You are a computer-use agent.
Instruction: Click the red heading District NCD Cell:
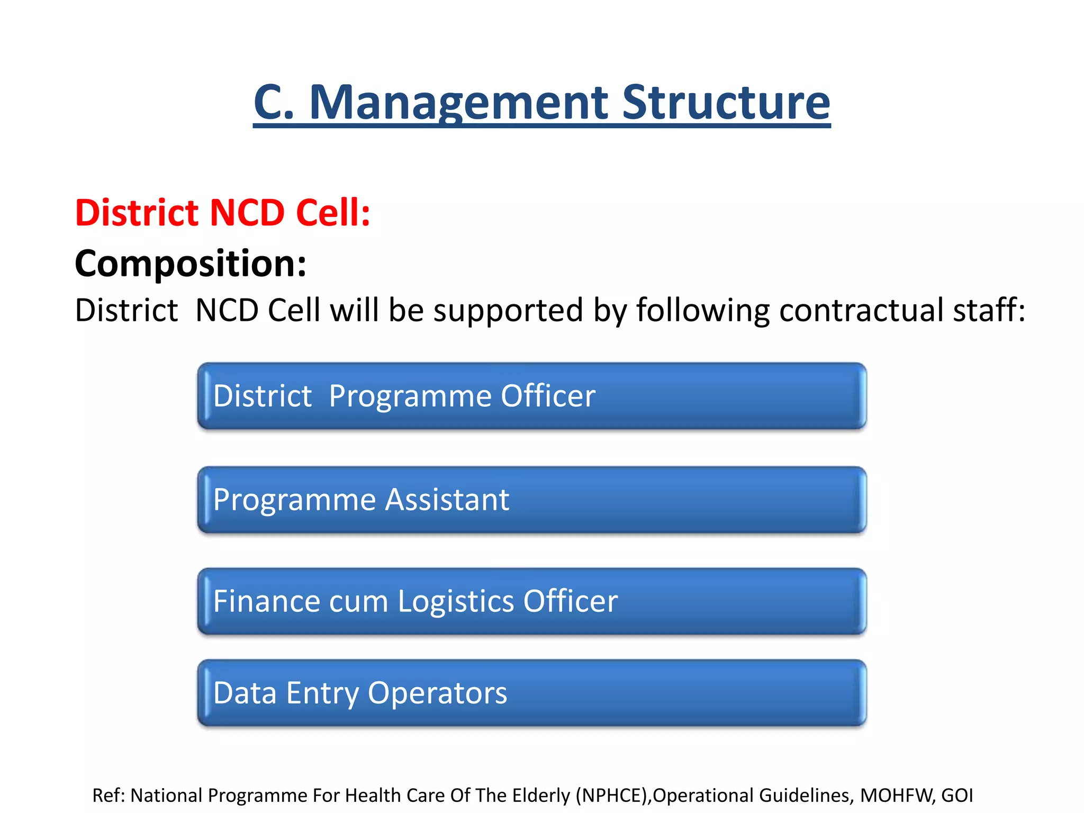click(x=222, y=213)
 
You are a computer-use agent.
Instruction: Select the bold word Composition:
click(x=191, y=263)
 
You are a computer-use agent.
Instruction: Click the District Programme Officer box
click(x=531, y=396)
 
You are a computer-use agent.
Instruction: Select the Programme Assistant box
click(x=531, y=500)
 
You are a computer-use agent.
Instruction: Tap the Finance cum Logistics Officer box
click(x=531, y=601)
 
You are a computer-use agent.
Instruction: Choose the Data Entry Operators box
click(x=531, y=693)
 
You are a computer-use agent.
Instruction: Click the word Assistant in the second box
click(x=447, y=500)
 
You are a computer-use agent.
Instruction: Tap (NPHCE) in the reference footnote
click(x=613, y=796)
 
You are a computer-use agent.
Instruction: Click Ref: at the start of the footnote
click(x=110, y=796)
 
